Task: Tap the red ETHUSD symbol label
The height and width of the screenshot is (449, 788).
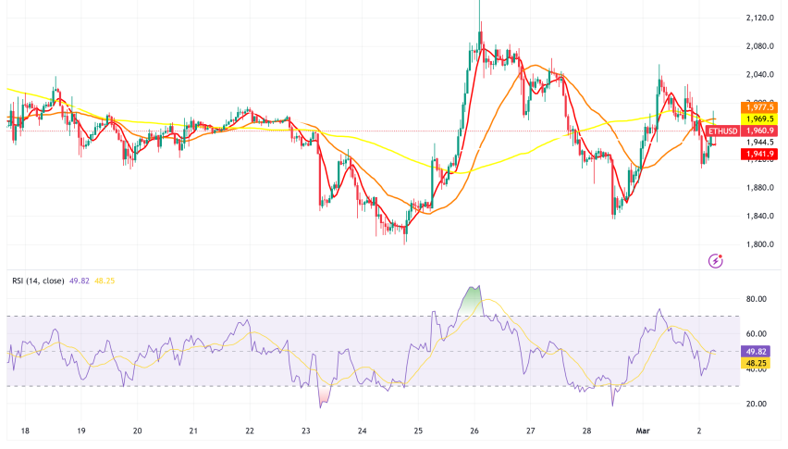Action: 722,131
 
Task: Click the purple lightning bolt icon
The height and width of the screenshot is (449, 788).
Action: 715,262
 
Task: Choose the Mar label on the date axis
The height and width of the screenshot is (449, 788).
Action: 646,431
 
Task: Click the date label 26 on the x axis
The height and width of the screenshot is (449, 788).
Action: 474,431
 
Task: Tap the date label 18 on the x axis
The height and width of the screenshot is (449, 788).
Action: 24,431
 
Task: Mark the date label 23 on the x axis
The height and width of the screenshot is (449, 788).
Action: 306,431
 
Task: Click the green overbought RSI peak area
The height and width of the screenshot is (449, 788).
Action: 473,301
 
